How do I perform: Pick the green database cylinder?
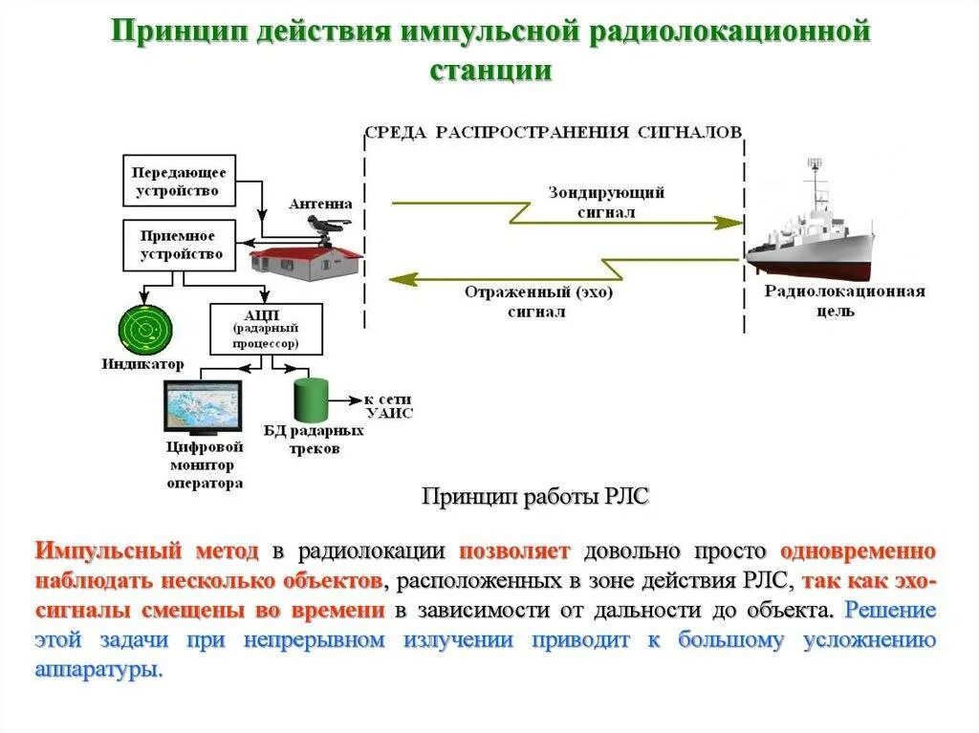(x=311, y=400)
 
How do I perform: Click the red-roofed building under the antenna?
(x=305, y=261)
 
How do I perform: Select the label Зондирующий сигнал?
(x=606, y=203)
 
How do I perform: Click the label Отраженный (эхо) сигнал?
(x=538, y=302)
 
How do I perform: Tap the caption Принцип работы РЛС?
(x=535, y=496)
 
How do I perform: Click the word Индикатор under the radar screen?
(x=143, y=364)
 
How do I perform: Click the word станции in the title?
(x=490, y=71)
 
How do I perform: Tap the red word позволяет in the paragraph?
(x=514, y=551)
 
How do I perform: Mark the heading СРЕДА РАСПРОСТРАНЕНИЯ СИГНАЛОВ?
(x=553, y=132)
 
